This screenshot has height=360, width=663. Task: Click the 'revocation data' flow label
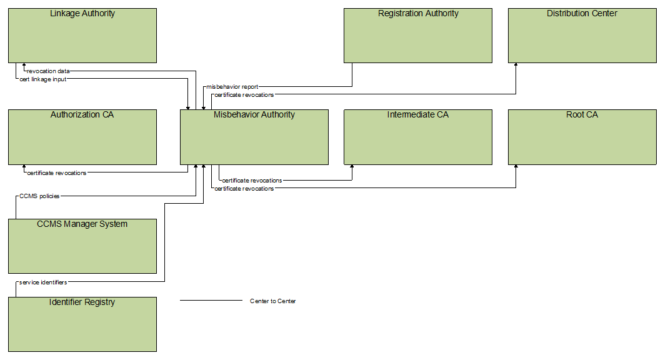point(48,71)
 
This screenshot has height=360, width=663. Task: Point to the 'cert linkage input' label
point(43,79)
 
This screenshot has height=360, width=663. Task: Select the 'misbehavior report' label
point(232,87)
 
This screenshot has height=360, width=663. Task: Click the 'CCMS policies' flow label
point(39,196)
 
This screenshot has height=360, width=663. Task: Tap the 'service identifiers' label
point(43,282)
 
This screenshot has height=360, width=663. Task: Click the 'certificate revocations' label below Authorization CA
point(57,173)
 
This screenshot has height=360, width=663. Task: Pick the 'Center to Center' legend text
point(273,301)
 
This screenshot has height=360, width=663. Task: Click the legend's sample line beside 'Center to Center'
point(211,301)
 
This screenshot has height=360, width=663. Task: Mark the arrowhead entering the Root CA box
point(516,167)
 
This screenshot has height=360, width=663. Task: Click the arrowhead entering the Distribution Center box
point(516,65)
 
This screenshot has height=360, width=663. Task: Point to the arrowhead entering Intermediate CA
point(352,167)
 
